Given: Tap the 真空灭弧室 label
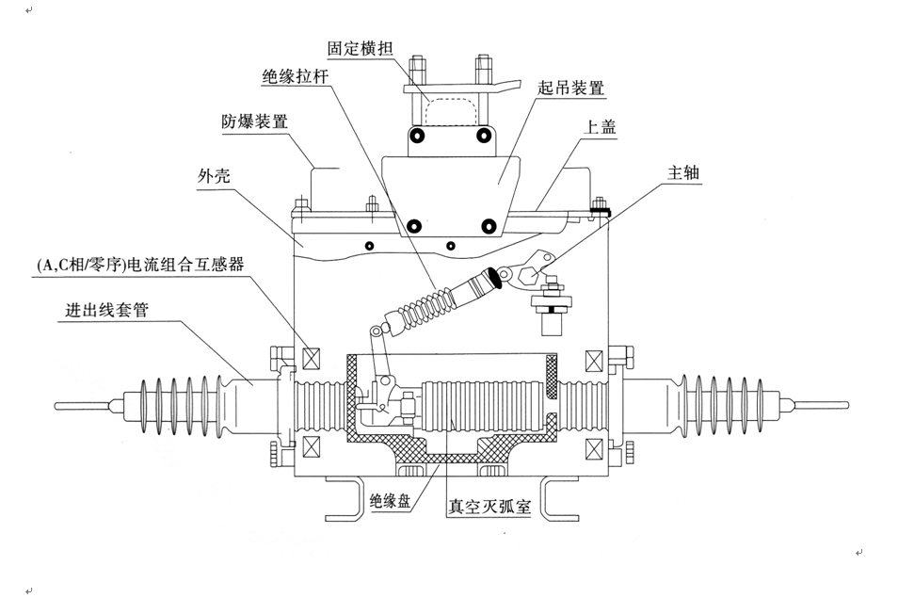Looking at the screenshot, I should tap(489, 507).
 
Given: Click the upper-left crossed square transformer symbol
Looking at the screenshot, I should tap(314, 359).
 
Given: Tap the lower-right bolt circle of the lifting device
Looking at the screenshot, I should tap(488, 225).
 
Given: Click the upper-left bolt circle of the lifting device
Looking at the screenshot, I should tap(415, 137).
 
